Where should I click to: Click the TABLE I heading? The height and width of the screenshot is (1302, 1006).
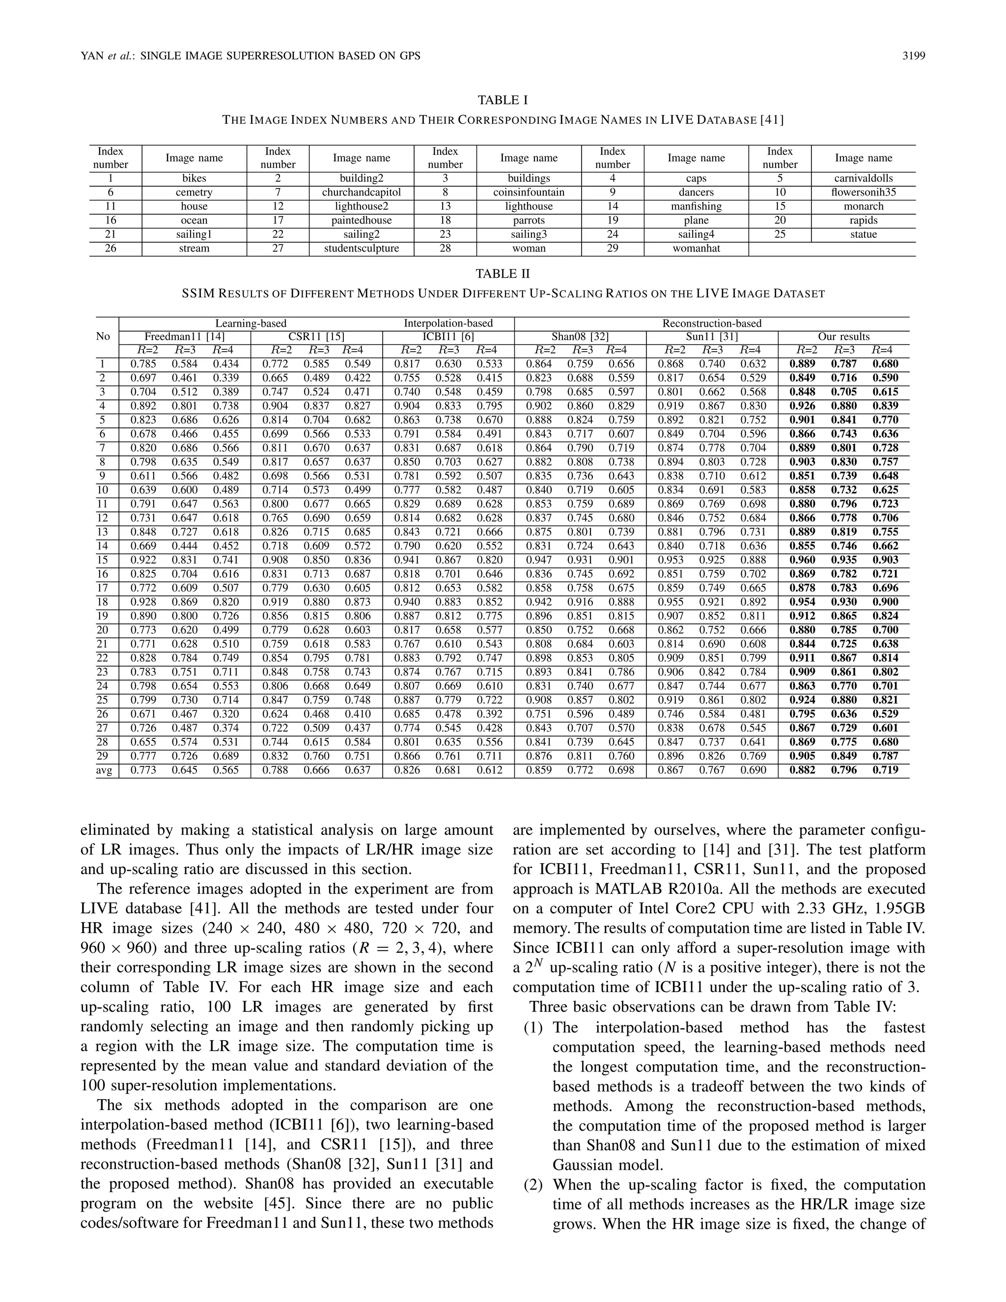pyautogui.click(x=503, y=100)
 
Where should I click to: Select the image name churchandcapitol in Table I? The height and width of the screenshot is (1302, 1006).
pyautogui.click(x=361, y=192)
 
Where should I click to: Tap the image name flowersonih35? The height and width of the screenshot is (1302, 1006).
pyautogui.click(x=863, y=192)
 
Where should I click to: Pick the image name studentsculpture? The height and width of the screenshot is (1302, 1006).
pyautogui.click(x=361, y=248)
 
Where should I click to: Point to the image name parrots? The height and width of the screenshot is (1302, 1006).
pyautogui.click(x=528, y=220)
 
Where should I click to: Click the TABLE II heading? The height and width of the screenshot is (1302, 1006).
pyautogui.click(x=503, y=274)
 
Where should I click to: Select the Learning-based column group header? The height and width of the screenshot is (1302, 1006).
pyautogui.click(x=251, y=323)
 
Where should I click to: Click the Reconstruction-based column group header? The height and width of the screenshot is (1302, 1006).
pyautogui.click(x=712, y=323)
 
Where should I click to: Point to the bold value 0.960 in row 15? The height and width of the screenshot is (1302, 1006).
pyautogui.click(x=802, y=560)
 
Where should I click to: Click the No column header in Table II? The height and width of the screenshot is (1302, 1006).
pyautogui.click(x=103, y=336)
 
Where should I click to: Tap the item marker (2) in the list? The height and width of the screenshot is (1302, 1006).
pyautogui.click(x=533, y=1185)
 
